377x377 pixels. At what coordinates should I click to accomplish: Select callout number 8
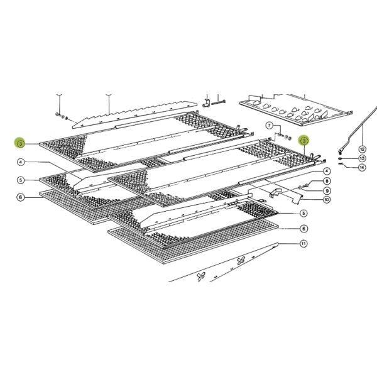click(x=327, y=181)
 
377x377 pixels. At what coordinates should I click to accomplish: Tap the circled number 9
click(x=327, y=190)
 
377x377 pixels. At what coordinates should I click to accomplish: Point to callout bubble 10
click(x=327, y=200)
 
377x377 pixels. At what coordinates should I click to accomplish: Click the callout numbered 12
click(x=361, y=149)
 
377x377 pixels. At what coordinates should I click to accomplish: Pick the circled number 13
click(x=361, y=158)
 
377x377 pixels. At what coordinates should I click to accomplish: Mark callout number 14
click(x=361, y=168)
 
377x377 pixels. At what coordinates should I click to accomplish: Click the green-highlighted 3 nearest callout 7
click(x=304, y=141)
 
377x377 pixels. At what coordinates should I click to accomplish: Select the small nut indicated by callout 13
click(x=340, y=158)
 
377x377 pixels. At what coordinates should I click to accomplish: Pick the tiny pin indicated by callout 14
click(x=340, y=164)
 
